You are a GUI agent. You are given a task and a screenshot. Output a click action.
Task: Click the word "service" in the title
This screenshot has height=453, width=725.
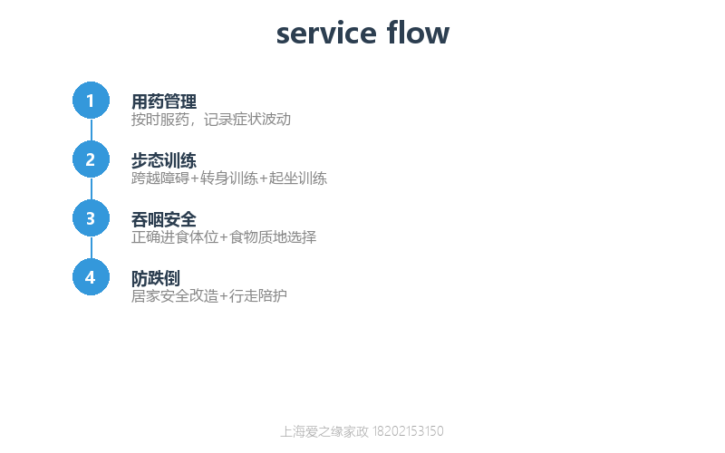tap(326, 34)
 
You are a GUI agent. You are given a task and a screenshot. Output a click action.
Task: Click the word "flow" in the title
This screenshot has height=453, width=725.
tap(418, 33)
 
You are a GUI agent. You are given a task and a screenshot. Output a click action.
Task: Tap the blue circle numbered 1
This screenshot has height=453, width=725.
tap(92, 101)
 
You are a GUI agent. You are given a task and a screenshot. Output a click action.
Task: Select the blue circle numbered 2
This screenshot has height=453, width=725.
tap(92, 159)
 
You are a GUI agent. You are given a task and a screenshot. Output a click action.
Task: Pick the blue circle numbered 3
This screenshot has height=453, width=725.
tap(92, 218)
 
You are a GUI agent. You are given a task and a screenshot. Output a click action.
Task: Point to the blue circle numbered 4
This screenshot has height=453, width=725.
tap(92, 277)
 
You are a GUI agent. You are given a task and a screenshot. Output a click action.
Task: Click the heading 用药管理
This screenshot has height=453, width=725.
tap(164, 101)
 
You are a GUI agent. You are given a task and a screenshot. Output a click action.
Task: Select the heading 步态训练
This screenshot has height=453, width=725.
tap(164, 160)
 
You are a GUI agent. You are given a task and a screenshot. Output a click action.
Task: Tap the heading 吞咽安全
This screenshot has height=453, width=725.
tap(164, 219)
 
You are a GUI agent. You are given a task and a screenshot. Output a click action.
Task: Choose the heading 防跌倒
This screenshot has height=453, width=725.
tap(156, 278)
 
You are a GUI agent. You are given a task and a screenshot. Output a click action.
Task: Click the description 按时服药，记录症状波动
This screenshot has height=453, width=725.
tap(211, 120)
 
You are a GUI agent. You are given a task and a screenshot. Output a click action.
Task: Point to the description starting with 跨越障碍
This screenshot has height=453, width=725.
tap(229, 178)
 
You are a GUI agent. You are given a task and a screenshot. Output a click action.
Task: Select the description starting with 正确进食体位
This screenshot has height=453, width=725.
tap(224, 237)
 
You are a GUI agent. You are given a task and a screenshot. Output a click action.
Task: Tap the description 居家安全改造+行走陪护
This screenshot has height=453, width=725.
tap(209, 296)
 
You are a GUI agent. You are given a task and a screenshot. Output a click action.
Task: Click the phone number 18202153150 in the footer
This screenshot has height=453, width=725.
tap(408, 431)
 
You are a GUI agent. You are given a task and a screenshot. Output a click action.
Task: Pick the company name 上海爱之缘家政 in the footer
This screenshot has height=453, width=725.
tap(324, 431)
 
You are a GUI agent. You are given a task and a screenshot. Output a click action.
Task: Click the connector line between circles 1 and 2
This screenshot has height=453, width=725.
tap(92, 130)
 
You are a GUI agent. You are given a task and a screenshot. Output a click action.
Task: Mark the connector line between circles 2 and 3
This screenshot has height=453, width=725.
tap(92, 188)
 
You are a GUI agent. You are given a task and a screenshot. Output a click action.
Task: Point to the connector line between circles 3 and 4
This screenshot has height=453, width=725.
tap(92, 247)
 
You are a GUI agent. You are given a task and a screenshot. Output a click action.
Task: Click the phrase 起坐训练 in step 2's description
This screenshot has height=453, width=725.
tap(298, 178)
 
